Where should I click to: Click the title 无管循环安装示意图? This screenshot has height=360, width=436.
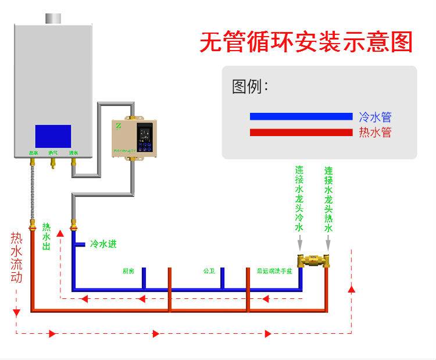(x=306, y=42)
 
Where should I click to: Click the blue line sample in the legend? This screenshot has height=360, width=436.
(x=301, y=116)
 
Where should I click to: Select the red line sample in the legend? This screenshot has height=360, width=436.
(x=301, y=133)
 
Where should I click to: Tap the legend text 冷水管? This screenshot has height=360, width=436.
(x=375, y=117)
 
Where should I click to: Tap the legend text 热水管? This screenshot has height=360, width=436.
(x=375, y=133)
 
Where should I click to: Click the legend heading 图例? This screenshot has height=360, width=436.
(x=249, y=87)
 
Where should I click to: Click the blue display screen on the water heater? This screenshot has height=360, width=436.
(x=53, y=136)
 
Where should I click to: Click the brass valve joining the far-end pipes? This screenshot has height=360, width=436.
(x=314, y=260)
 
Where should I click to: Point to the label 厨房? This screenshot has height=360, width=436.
(x=128, y=271)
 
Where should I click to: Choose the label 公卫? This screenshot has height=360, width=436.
(x=209, y=271)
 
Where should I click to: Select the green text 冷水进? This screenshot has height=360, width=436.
(x=103, y=244)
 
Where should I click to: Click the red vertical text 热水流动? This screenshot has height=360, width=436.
(x=16, y=258)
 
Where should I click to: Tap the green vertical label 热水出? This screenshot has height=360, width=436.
(x=47, y=236)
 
